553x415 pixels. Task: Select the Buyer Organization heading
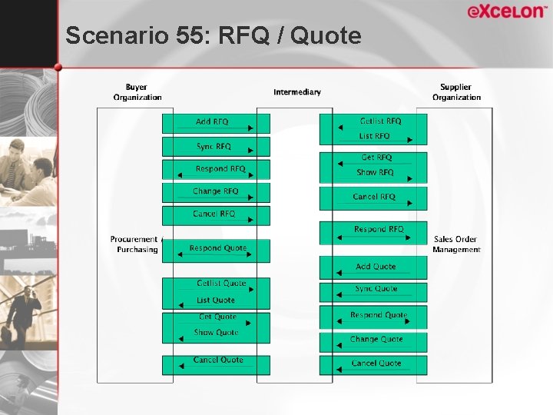(x=137, y=92)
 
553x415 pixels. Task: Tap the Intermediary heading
(x=297, y=92)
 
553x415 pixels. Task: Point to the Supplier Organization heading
(x=456, y=92)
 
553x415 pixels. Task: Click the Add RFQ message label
(x=212, y=121)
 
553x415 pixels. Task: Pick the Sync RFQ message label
(x=214, y=146)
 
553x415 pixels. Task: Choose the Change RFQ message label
(x=215, y=191)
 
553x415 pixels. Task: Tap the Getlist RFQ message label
(x=380, y=121)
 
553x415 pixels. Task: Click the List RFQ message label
(x=375, y=136)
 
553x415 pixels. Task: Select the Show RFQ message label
(x=375, y=173)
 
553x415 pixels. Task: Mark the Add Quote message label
(x=376, y=267)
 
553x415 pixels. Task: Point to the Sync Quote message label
(x=376, y=288)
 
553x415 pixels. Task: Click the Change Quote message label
(x=376, y=339)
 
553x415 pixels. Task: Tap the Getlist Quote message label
(x=221, y=283)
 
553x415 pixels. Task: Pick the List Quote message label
(x=216, y=300)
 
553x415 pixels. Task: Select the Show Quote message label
(x=216, y=333)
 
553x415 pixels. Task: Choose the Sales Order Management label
(x=455, y=244)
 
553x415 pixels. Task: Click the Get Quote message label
(x=217, y=317)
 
